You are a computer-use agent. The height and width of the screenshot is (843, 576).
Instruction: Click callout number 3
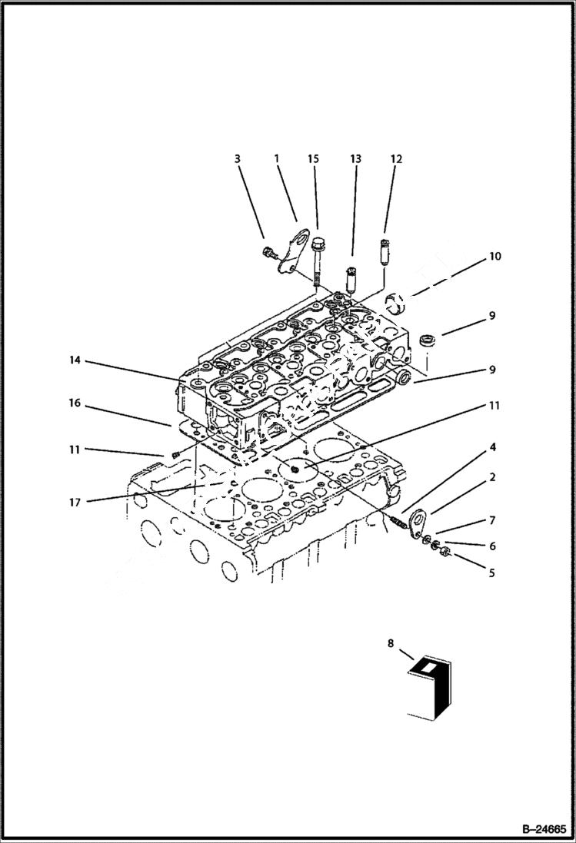(x=238, y=159)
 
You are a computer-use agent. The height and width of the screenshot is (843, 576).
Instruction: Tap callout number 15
(x=313, y=159)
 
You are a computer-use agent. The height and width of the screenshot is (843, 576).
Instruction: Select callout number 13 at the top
(x=355, y=159)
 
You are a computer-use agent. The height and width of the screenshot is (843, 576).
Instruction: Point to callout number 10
(x=495, y=256)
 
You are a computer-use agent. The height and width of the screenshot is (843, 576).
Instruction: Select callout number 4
(x=492, y=446)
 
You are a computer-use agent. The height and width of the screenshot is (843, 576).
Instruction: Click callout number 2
(x=492, y=477)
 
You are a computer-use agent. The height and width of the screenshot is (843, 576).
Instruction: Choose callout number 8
(x=391, y=644)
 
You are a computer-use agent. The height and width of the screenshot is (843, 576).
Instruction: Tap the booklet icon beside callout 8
(x=431, y=688)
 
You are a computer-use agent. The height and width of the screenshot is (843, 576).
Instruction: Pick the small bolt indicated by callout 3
(x=269, y=251)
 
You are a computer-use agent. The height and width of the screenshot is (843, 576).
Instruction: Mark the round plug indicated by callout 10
(x=401, y=304)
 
